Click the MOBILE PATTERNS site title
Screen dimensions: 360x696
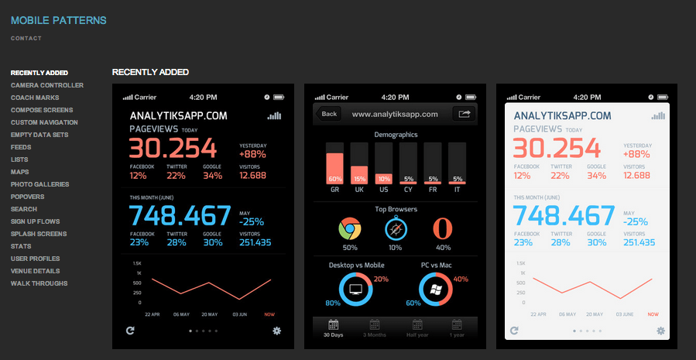point(59,20)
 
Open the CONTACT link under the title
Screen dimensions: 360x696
point(26,38)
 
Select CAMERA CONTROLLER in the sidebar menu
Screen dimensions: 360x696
point(47,85)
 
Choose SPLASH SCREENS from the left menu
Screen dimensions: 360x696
point(39,234)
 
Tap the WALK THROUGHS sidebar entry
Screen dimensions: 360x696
point(39,283)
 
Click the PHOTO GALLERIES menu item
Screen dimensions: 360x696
point(39,184)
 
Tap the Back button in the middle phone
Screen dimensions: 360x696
point(329,114)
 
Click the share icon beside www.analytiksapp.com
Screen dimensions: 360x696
point(465,114)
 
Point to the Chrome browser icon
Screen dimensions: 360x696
point(350,229)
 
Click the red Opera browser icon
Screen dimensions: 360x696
point(443,229)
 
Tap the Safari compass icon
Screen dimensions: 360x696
point(396,229)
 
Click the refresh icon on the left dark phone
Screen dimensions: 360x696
point(129,331)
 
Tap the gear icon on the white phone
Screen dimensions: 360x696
point(660,331)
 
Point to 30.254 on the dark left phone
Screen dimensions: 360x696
point(177,149)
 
